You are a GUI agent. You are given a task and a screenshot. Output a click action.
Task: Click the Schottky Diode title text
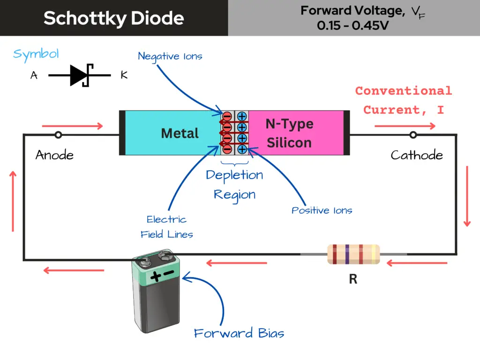pos(114,18)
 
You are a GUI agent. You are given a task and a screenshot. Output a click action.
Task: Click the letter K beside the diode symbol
pos(124,75)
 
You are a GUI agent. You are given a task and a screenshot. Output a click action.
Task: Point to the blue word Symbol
pos(36,53)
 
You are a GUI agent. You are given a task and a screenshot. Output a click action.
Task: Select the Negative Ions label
pos(170,56)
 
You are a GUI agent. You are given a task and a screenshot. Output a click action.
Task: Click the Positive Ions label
pos(322,210)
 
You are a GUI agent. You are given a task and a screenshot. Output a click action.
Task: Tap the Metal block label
pos(180,134)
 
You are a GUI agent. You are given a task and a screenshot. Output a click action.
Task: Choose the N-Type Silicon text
pos(289,133)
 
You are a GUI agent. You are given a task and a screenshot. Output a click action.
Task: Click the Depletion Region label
pos(234,185)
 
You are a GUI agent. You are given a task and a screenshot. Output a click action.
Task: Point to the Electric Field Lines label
pos(166,227)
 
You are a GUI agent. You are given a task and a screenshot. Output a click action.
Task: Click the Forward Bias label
pos(239,333)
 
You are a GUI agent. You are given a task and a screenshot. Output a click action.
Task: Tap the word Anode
pos(54,155)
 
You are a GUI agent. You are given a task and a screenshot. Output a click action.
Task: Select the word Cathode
pos(417,155)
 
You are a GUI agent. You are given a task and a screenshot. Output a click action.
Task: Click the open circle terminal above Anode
pos(58,135)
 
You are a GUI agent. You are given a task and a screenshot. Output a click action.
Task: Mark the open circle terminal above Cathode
pos(413,135)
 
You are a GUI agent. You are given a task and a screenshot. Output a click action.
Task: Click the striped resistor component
pos(353,254)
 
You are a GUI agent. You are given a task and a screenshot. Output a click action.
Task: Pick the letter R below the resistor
pos(353,279)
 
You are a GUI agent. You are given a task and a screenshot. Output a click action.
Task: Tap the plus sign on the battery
pos(156,277)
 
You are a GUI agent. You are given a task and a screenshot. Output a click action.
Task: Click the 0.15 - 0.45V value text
pos(352,25)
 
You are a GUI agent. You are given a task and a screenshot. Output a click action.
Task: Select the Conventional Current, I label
pos(404,100)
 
